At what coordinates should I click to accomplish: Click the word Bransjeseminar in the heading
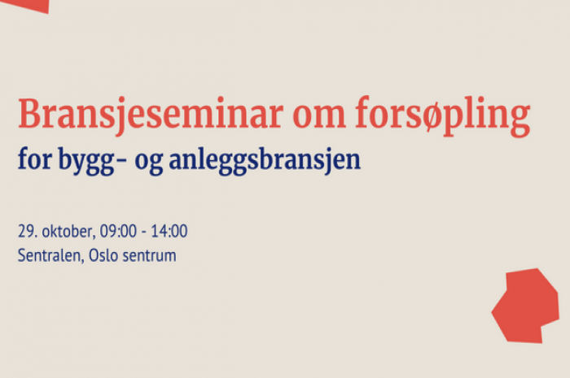click(151, 115)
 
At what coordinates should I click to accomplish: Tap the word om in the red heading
click(319, 117)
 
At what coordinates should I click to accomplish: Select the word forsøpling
click(443, 116)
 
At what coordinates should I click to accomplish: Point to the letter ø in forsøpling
click(431, 117)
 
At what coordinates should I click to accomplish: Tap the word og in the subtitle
click(149, 163)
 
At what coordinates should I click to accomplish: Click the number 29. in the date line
click(28, 231)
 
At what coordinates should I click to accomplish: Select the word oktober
click(68, 232)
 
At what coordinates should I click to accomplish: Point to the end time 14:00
click(169, 231)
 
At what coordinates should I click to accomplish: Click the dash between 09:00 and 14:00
click(143, 232)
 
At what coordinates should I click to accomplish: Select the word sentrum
click(149, 256)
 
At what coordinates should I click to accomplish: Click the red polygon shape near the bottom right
click(525, 306)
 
